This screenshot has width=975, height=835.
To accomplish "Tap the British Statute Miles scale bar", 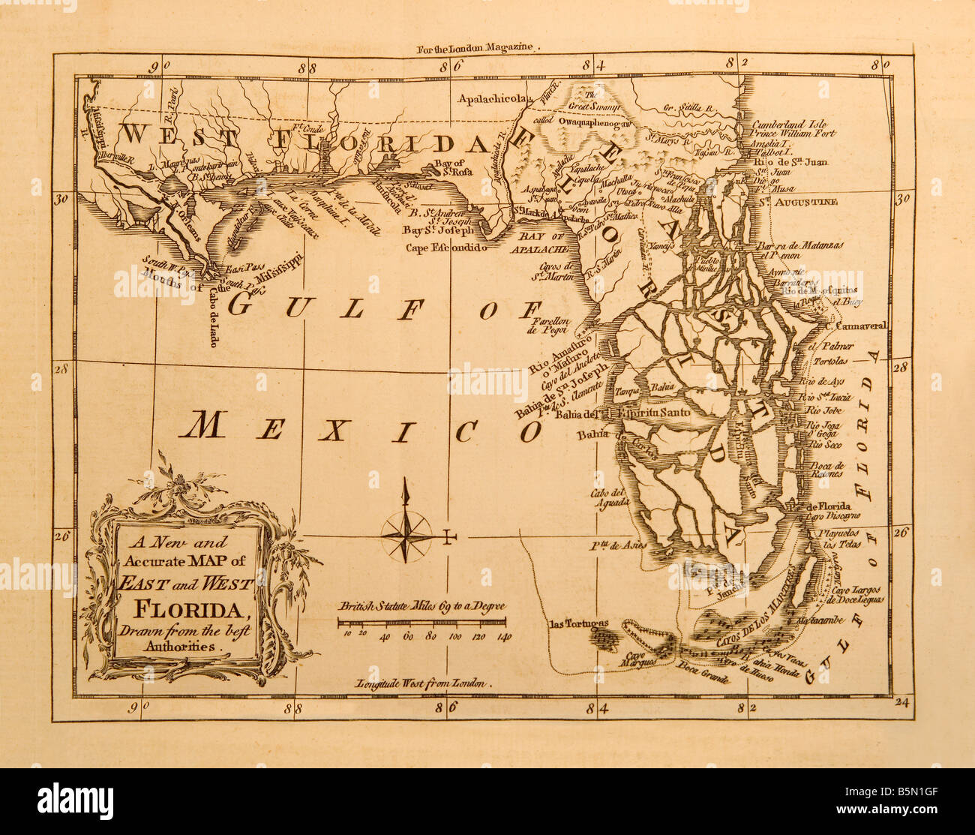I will [421, 621].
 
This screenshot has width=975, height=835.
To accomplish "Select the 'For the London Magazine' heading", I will [478, 47].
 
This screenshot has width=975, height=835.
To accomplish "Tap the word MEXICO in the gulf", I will [364, 428].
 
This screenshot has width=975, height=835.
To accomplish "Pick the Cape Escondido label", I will [446, 246].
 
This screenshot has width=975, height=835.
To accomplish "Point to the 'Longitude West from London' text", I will [421, 684].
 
